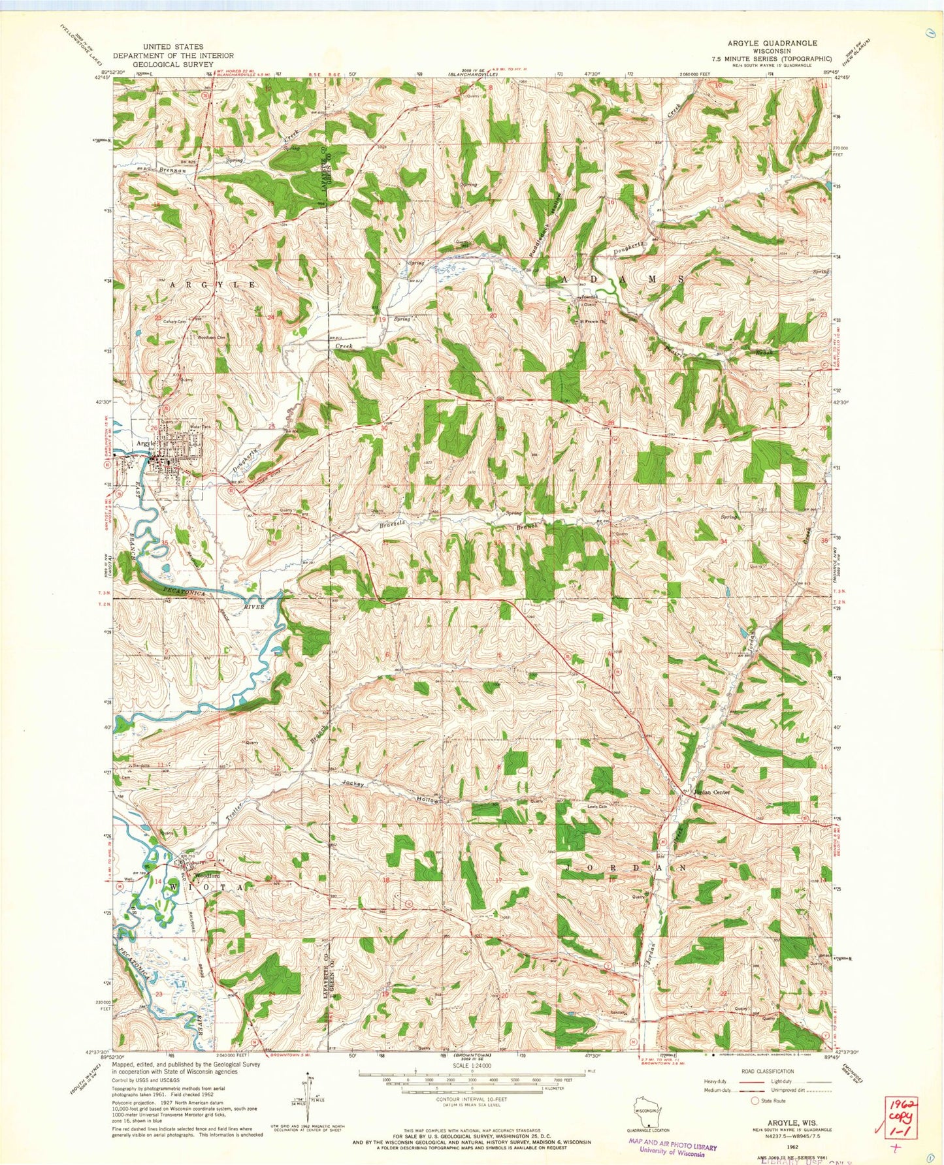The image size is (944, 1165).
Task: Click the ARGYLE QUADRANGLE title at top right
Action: pos(772,42)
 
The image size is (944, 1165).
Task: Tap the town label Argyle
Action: pos(145,443)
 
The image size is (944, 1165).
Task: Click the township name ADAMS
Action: pos(623,279)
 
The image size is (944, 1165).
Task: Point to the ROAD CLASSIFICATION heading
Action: pos(768,1071)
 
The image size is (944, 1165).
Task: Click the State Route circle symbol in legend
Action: pos(756,1100)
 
